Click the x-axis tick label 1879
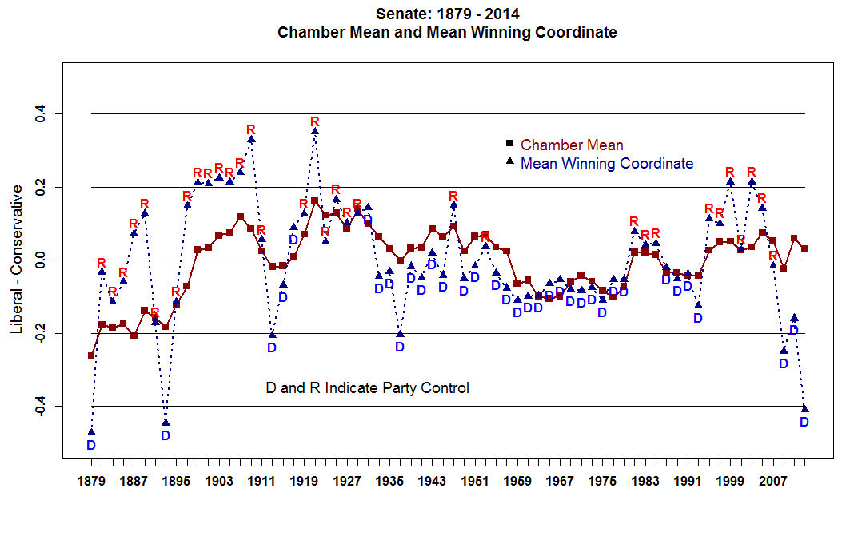click(91, 482)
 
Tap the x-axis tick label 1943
click(432, 482)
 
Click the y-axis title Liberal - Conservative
click(17, 260)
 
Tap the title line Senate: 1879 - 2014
click(448, 14)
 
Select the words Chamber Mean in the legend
click(572, 145)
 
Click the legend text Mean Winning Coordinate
click(607, 164)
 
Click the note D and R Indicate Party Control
click(367, 388)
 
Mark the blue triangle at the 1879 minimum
click(91, 432)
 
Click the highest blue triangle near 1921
click(315, 131)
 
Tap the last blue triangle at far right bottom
click(804, 408)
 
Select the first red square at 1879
click(91, 355)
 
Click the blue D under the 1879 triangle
click(91, 445)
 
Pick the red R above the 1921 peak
click(315, 121)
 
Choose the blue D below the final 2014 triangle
click(804, 422)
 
